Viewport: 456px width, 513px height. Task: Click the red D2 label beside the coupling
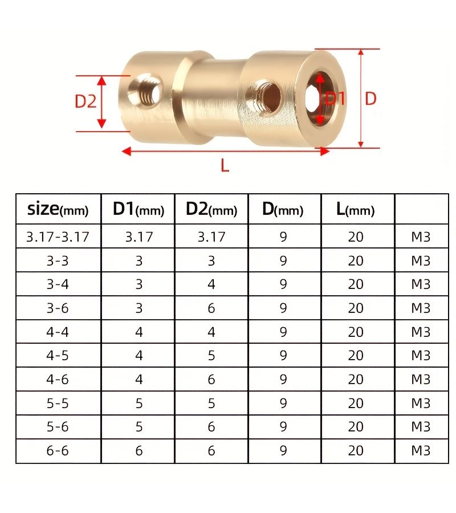[x=85, y=101]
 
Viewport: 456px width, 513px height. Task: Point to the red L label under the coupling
[x=225, y=165]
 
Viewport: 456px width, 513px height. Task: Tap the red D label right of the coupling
[x=370, y=99]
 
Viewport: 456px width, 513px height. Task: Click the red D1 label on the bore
[x=335, y=99]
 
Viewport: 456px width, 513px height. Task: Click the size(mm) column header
[x=58, y=209]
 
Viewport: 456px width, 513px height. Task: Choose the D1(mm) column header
[x=139, y=209]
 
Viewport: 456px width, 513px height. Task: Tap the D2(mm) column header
[x=211, y=209]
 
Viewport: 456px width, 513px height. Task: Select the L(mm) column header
[x=355, y=209]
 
